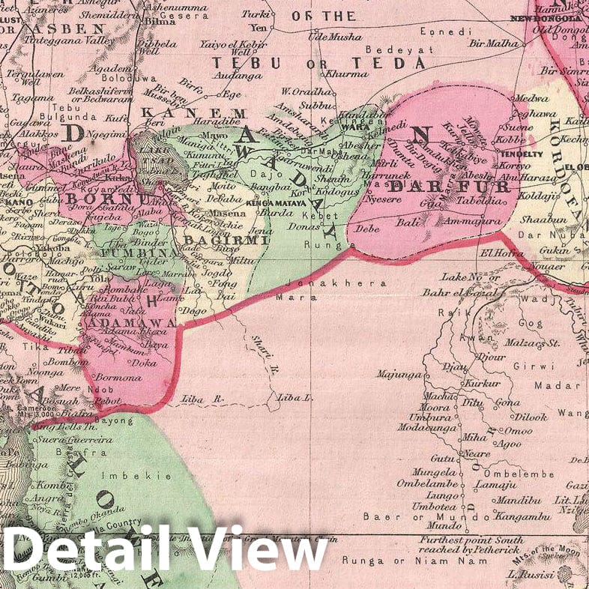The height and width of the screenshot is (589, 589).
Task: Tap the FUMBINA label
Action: point(134,254)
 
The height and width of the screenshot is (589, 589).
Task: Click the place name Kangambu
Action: point(517,516)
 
